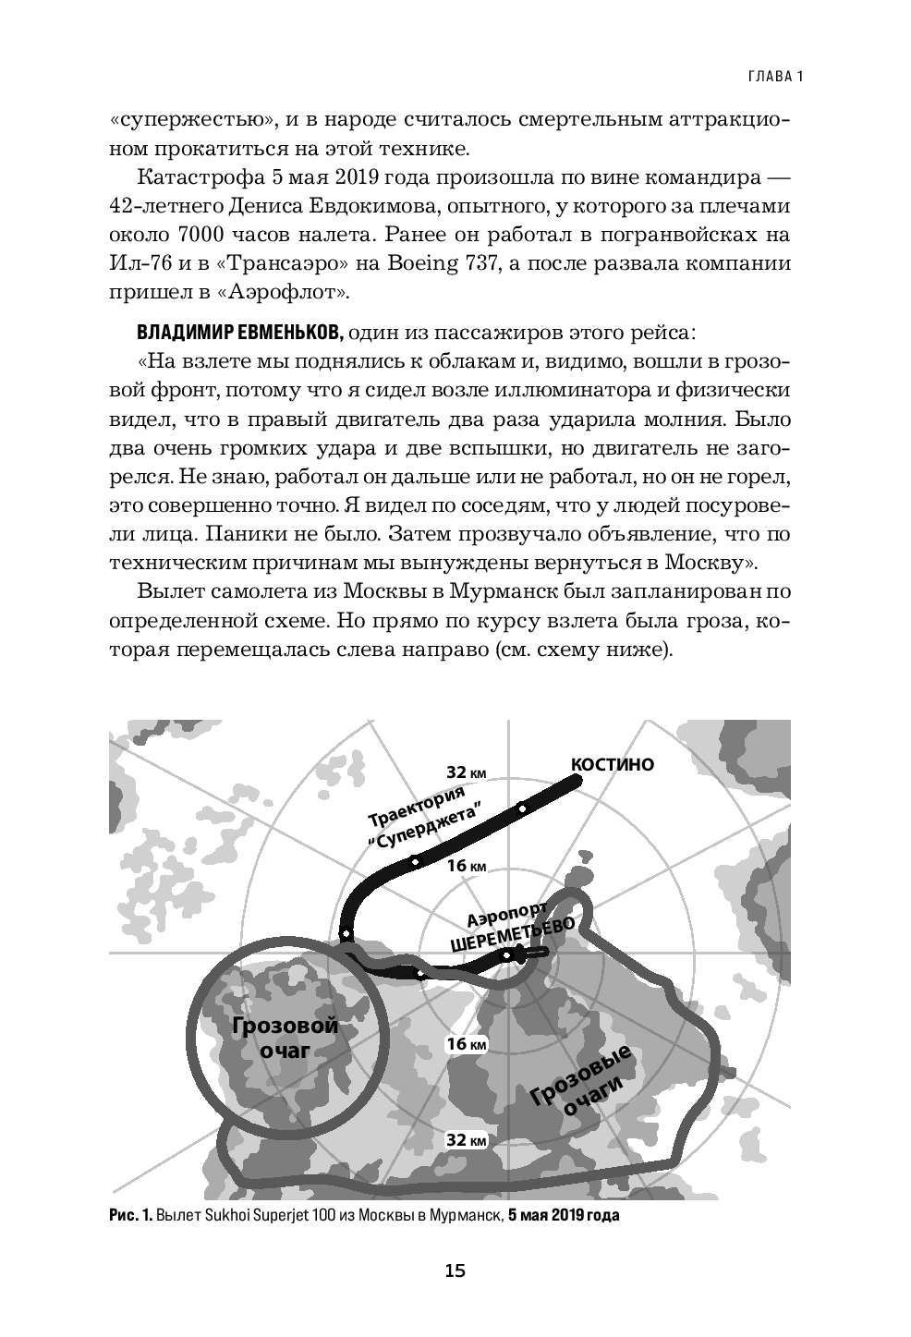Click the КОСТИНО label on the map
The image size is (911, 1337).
pyautogui.click(x=613, y=765)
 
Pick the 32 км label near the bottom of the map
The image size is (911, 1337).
pyautogui.click(x=467, y=1140)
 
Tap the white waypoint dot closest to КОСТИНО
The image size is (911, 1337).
pyautogui.click(x=522, y=809)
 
